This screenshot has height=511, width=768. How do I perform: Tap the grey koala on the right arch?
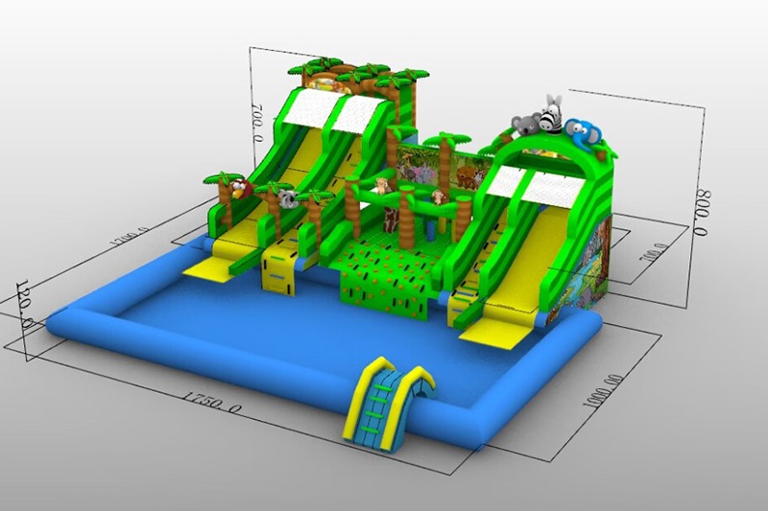(x=525, y=124)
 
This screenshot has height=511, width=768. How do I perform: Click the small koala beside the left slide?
(x=287, y=199)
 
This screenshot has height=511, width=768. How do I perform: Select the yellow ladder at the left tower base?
(x=278, y=268)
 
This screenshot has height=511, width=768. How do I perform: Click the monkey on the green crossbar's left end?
(x=382, y=185)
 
